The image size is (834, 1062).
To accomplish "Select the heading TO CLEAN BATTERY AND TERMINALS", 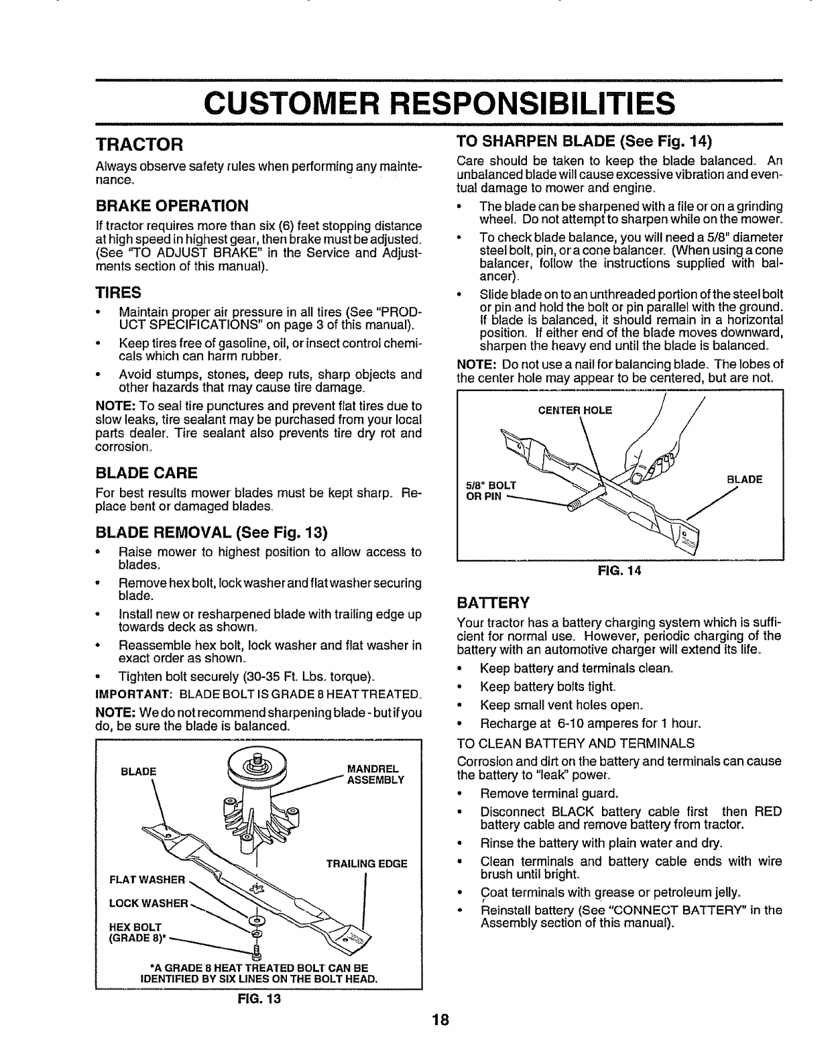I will click(x=575, y=743).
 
